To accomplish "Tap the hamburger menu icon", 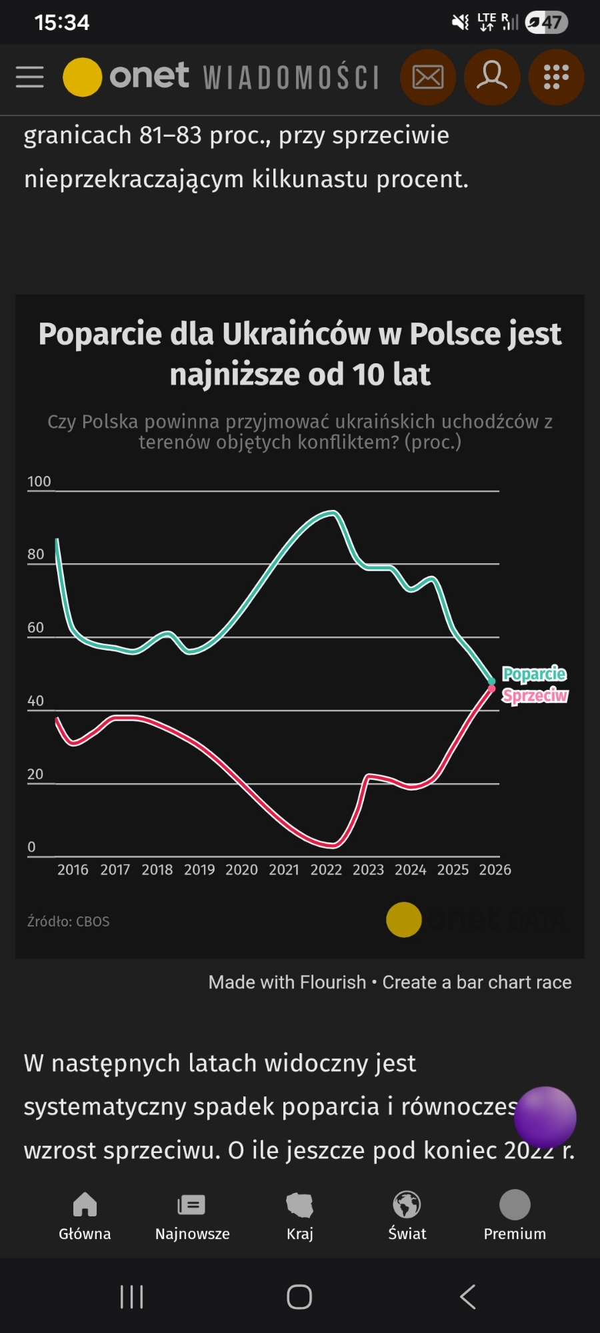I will pyautogui.click(x=30, y=77).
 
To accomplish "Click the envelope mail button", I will pyautogui.click(x=427, y=77).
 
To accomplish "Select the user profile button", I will pyautogui.click(x=492, y=77).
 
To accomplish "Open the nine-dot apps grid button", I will pyautogui.click(x=556, y=77).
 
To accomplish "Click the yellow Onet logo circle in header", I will pyautogui.click(x=82, y=77).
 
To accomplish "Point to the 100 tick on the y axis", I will pyautogui.click(x=39, y=481).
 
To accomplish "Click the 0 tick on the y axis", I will pyautogui.click(x=31, y=846).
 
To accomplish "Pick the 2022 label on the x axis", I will pyautogui.click(x=326, y=870).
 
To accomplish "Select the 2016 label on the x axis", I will pyautogui.click(x=73, y=870).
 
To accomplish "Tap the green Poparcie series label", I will pyautogui.click(x=534, y=674).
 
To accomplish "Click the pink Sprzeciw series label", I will pyautogui.click(x=535, y=696).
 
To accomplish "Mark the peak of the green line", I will pyautogui.click(x=332, y=512).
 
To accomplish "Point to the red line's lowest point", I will pyautogui.click(x=333, y=846).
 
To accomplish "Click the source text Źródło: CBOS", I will pyautogui.click(x=68, y=921).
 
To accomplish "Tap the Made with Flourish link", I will pyautogui.click(x=287, y=982).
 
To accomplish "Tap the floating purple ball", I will pyautogui.click(x=545, y=1117).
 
